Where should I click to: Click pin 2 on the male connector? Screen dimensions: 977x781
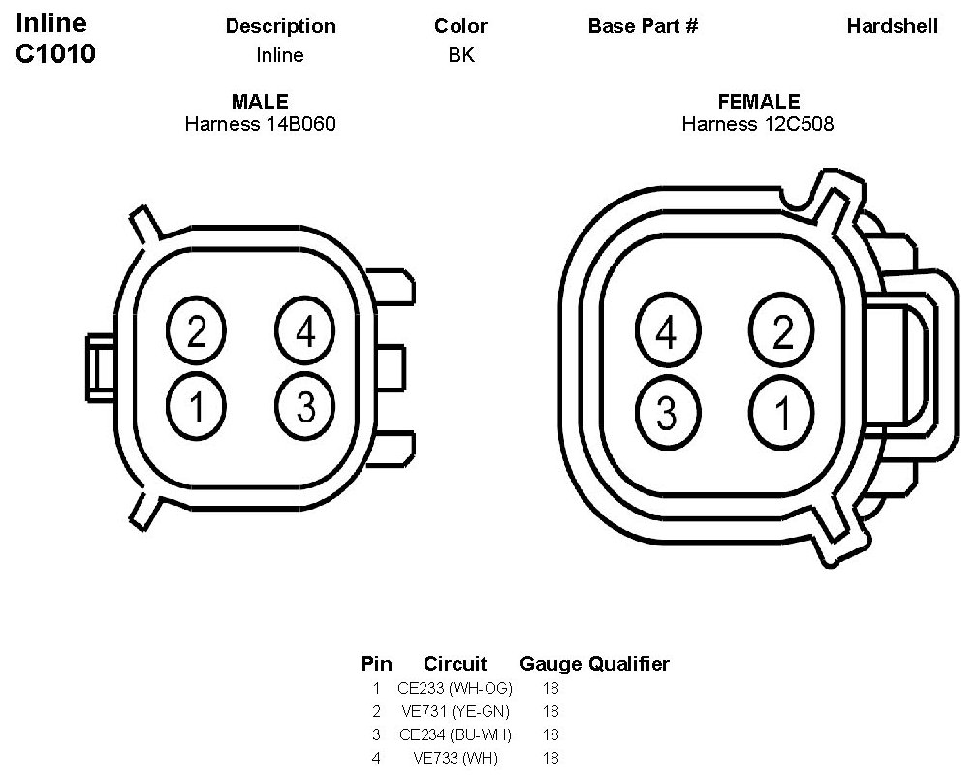pyautogui.click(x=196, y=330)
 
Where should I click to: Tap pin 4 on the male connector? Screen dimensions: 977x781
pyautogui.click(x=305, y=330)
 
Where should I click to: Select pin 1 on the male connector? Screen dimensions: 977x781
pyautogui.click(x=196, y=407)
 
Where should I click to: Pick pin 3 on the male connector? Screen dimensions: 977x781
pyautogui.click(x=305, y=407)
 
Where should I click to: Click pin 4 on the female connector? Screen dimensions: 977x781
pyautogui.click(x=668, y=330)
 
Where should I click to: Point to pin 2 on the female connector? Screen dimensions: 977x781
pyautogui.click(x=781, y=330)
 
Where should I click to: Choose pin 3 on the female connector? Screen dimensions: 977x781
pyautogui.click(x=668, y=412)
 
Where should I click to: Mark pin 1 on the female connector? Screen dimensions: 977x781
pyautogui.click(x=781, y=412)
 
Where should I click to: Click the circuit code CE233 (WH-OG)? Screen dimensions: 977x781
pyautogui.click(x=455, y=688)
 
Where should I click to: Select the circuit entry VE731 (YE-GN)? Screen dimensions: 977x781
pyautogui.click(x=456, y=711)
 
